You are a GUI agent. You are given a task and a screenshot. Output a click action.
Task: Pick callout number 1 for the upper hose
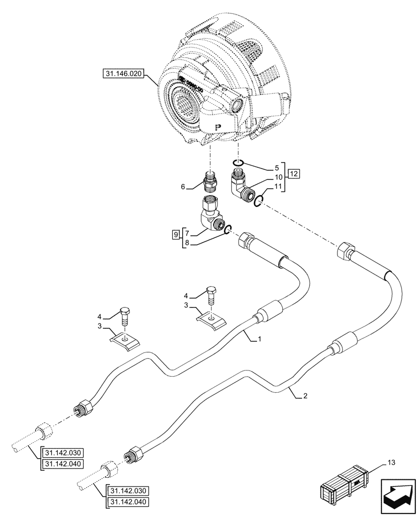(x=261, y=340)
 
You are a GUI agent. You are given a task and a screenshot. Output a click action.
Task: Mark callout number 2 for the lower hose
(x=306, y=396)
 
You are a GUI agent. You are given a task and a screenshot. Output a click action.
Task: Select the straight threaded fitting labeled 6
(x=210, y=183)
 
